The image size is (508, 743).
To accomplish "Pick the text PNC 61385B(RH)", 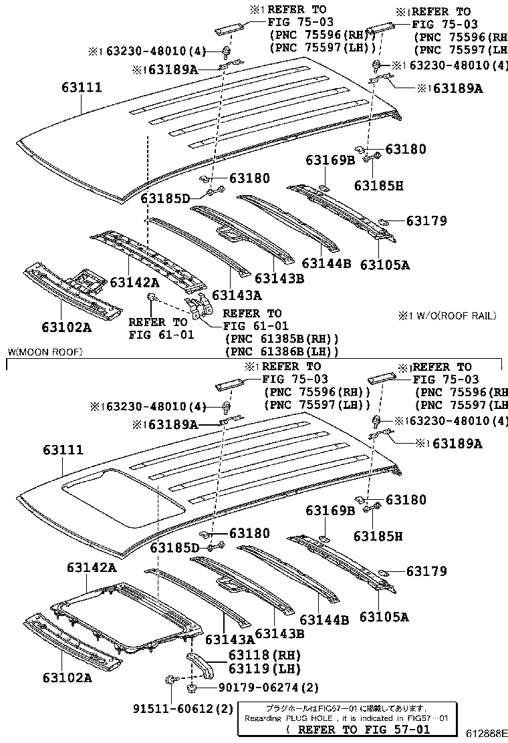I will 282,339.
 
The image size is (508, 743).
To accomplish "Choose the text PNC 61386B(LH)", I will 282,351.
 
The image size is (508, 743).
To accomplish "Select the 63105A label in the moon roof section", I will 384,617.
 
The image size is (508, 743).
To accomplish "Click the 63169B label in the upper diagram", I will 331,160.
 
